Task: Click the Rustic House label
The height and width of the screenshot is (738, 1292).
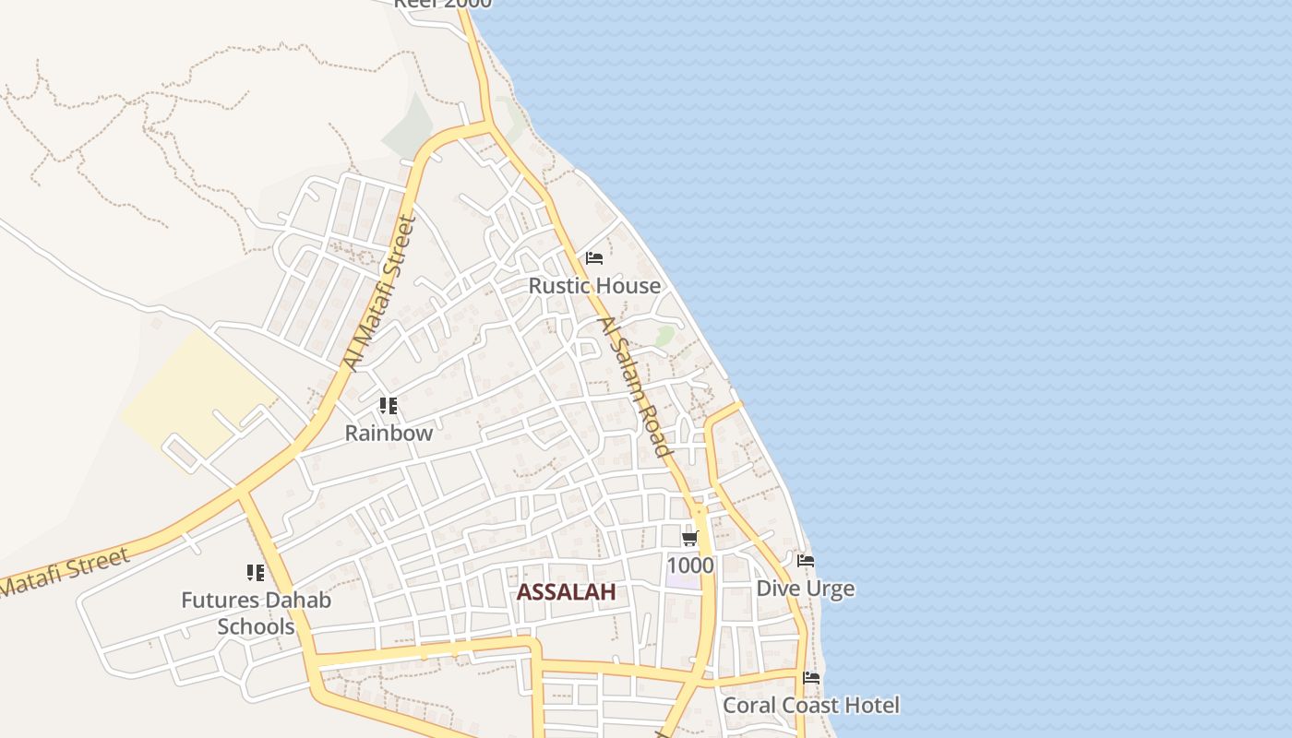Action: (594, 286)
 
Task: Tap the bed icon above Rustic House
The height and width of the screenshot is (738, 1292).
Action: (594, 258)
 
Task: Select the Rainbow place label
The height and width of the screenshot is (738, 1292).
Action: (389, 433)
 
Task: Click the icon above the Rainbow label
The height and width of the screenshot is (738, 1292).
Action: (389, 406)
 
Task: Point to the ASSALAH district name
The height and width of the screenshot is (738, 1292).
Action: (566, 592)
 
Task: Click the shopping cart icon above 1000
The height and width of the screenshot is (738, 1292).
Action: (689, 538)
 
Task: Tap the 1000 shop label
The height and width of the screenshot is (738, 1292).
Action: (690, 565)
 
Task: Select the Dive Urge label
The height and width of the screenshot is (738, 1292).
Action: (805, 589)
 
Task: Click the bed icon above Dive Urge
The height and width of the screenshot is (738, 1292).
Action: (806, 561)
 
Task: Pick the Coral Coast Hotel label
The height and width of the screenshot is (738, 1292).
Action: (810, 706)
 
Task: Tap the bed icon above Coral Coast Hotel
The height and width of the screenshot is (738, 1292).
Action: (811, 678)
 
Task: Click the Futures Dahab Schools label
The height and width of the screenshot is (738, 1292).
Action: (256, 613)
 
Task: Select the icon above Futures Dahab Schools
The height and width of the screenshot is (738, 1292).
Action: (256, 573)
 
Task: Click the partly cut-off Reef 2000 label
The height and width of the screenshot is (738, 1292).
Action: (443, 4)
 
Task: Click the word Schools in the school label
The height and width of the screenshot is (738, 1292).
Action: (256, 627)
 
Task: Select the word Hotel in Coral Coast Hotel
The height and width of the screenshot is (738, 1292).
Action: (868, 706)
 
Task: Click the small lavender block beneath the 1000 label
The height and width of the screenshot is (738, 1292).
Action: (683, 581)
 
